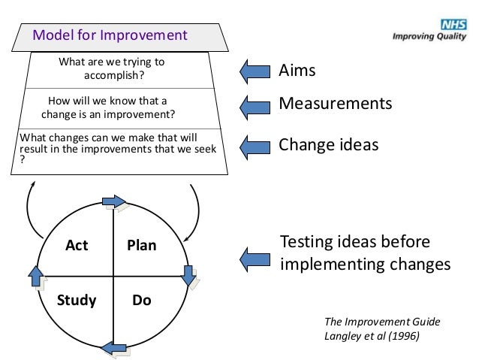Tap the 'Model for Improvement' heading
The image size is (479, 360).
coord(109,35)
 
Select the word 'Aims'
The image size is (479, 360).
coord(297,71)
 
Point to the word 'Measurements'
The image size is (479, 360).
coord(335,103)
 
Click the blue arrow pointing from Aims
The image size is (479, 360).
coord(255,71)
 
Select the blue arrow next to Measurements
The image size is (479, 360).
coord(255,104)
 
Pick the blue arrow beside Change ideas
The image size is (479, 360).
coord(255,144)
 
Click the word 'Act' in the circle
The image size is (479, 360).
coord(76,245)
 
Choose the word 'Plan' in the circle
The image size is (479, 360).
coord(141,245)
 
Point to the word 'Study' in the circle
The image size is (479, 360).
coord(77,301)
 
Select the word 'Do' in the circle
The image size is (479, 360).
coord(141,301)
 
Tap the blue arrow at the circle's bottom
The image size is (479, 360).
coord(113,347)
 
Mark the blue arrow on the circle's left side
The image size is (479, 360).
coord(36,276)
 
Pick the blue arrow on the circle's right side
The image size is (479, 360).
coord(189,275)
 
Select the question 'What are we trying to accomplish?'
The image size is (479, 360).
coord(112,68)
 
